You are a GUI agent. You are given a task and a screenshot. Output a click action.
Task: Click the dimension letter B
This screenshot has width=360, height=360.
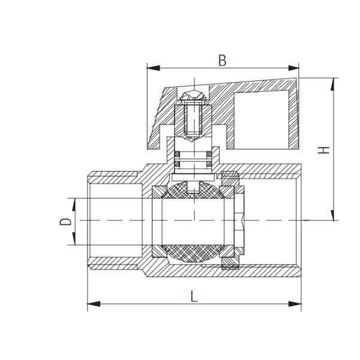coord(222,61)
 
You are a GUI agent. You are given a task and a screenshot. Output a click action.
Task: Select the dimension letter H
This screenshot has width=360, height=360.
coord(325,149)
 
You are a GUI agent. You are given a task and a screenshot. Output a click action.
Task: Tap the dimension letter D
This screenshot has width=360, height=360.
coord(66,221)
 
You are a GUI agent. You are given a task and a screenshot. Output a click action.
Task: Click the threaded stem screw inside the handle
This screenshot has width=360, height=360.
coord(194,120)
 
